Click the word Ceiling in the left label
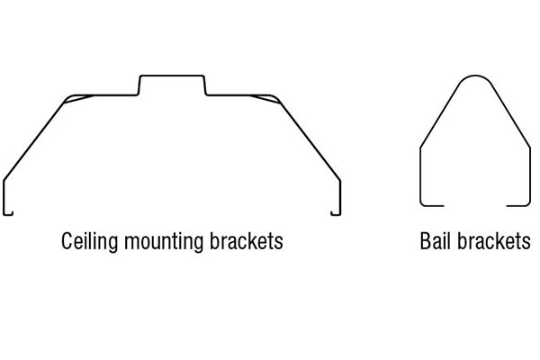87,242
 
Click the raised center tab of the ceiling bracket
172,77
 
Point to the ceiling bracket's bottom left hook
8,211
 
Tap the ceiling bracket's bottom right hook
337,211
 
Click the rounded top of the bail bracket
475,78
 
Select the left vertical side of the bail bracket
421,175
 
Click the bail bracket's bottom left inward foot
433,205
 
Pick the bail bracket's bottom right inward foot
517,205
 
